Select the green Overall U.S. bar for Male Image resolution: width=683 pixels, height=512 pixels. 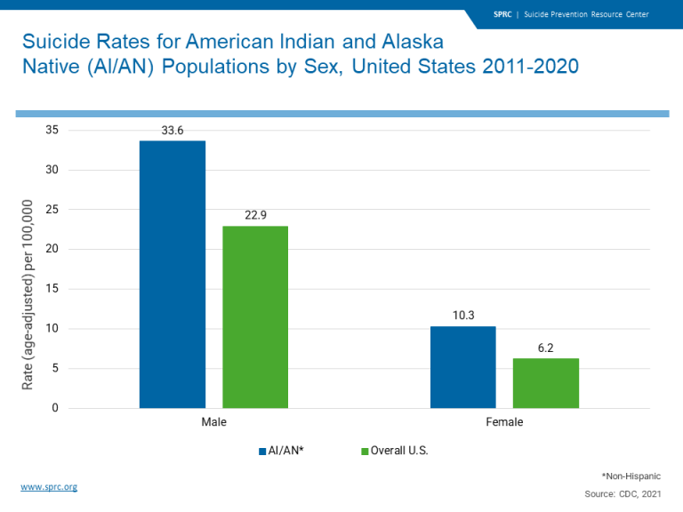pyautogui.click(x=255, y=316)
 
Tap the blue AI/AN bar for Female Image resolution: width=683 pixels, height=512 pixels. pyautogui.click(x=462, y=367)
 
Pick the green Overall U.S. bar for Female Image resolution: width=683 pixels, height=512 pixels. pyautogui.click(x=546, y=383)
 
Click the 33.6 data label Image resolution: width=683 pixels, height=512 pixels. pyautogui.click(x=173, y=130)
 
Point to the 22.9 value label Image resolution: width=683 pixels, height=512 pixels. pyautogui.click(x=256, y=215)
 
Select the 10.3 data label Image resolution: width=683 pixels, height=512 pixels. pyautogui.click(x=463, y=316)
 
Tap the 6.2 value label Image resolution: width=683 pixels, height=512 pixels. pyautogui.click(x=546, y=348)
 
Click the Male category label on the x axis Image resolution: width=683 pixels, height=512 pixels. pyautogui.click(x=213, y=422)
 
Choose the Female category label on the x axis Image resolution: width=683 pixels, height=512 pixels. pyautogui.click(x=504, y=422)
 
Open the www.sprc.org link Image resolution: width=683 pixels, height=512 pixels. pyautogui.click(x=49, y=487)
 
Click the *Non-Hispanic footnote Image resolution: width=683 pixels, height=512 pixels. pyautogui.click(x=631, y=476)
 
